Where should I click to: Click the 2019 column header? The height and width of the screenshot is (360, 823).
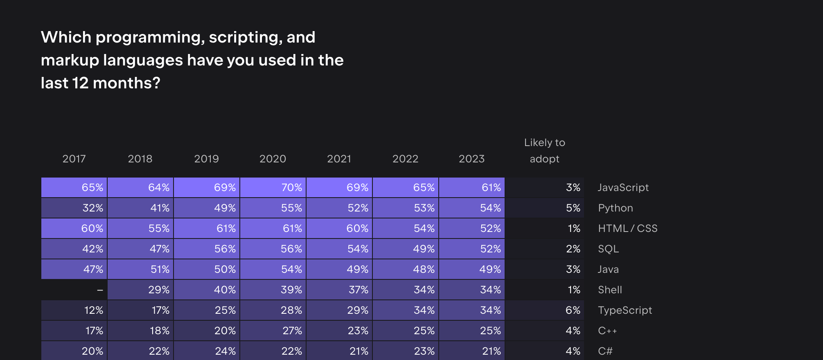click(206, 159)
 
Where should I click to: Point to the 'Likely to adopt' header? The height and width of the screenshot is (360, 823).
click(544, 151)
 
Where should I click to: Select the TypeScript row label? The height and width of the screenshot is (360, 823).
click(625, 310)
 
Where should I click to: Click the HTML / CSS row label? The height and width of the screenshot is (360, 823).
click(628, 228)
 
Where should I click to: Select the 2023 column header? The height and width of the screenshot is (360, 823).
click(471, 159)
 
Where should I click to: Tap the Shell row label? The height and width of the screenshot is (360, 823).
click(610, 290)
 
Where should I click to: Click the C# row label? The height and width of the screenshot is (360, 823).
click(605, 351)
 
